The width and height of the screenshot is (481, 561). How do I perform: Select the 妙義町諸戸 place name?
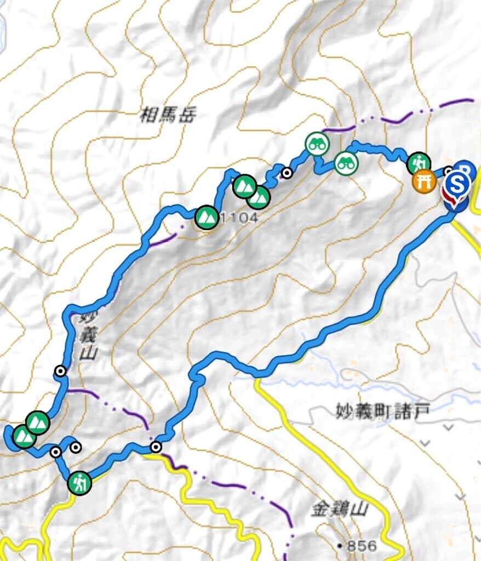point(380,410)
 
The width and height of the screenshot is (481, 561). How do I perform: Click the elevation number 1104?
point(236,218)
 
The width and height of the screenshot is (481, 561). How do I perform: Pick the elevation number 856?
point(362,546)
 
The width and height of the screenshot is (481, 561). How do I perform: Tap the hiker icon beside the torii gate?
point(419,163)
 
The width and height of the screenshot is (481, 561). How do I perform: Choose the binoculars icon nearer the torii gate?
point(346,162)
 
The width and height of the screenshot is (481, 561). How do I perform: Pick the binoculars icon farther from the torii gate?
point(317,144)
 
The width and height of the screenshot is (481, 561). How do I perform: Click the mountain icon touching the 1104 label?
point(207,217)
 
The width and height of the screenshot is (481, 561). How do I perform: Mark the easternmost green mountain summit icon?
point(259,197)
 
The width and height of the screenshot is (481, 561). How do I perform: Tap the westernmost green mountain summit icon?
point(24,437)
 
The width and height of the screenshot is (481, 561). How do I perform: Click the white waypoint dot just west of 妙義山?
point(60,371)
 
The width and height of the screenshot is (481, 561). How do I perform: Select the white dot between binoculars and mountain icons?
point(286,174)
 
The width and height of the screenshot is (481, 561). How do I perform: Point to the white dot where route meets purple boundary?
point(156,447)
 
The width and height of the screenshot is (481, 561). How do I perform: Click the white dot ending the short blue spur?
point(76,447)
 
